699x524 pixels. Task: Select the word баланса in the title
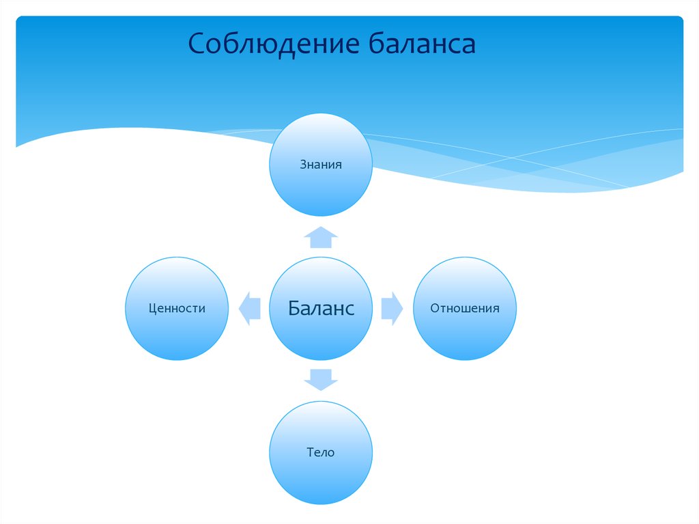(x=422, y=44)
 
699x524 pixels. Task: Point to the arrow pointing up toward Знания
(x=321, y=237)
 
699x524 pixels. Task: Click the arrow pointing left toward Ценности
(x=250, y=307)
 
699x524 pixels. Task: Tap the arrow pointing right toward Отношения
(x=392, y=307)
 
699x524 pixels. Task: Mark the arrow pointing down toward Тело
(x=321, y=379)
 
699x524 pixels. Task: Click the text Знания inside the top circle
(x=321, y=165)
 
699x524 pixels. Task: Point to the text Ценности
(x=177, y=309)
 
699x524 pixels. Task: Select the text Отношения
(x=465, y=308)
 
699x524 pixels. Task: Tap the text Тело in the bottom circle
(x=321, y=452)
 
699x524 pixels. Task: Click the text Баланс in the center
(x=321, y=308)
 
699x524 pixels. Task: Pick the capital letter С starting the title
(x=197, y=44)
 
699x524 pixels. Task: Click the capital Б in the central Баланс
(x=294, y=308)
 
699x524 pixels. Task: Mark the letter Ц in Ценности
(x=152, y=309)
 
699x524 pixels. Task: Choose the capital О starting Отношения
(x=434, y=308)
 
